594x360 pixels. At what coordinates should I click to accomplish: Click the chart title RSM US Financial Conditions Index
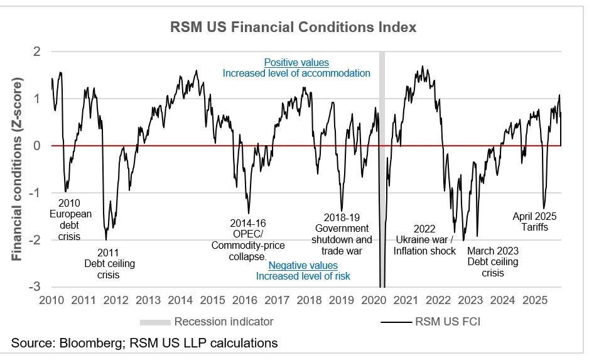pyautogui.click(x=294, y=28)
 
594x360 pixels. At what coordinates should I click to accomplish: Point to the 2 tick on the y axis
pyautogui.click(x=37, y=52)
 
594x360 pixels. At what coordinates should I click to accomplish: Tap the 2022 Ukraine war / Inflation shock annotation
pyautogui.click(x=424, y=239)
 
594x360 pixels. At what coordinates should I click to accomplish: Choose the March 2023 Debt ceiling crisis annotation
pyautogui.click(x=493, y=261)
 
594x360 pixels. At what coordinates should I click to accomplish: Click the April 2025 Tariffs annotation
pyautogui.click(x=534, y=221)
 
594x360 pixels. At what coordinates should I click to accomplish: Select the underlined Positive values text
pyautogui.click(x=296, y=63)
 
